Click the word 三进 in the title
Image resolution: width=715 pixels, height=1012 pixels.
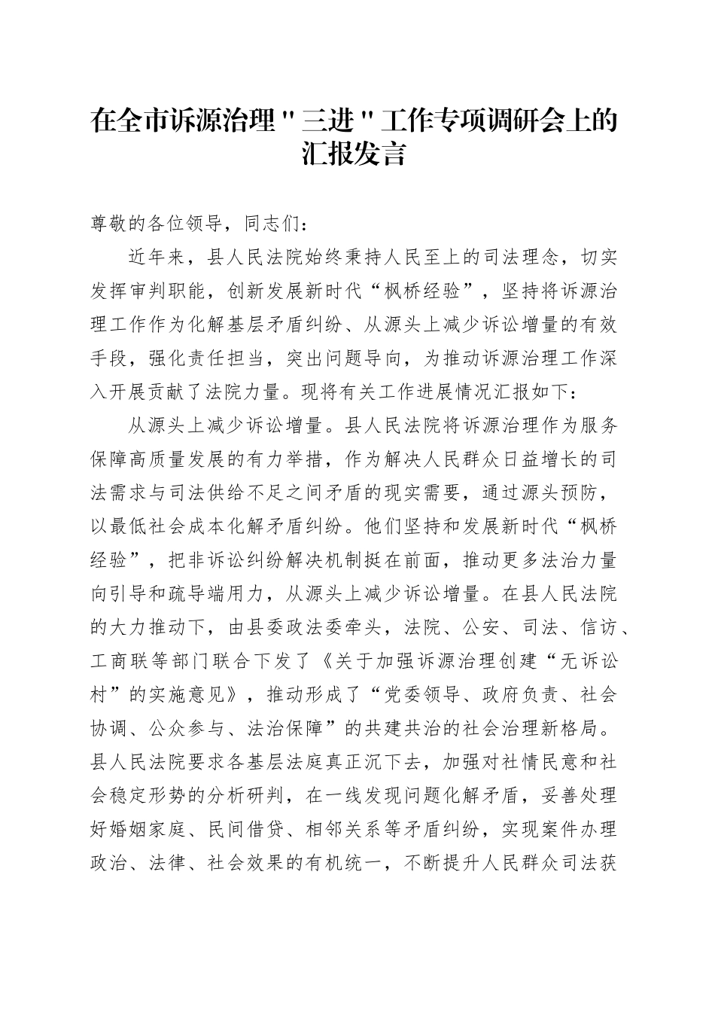(x=328, y=121)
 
